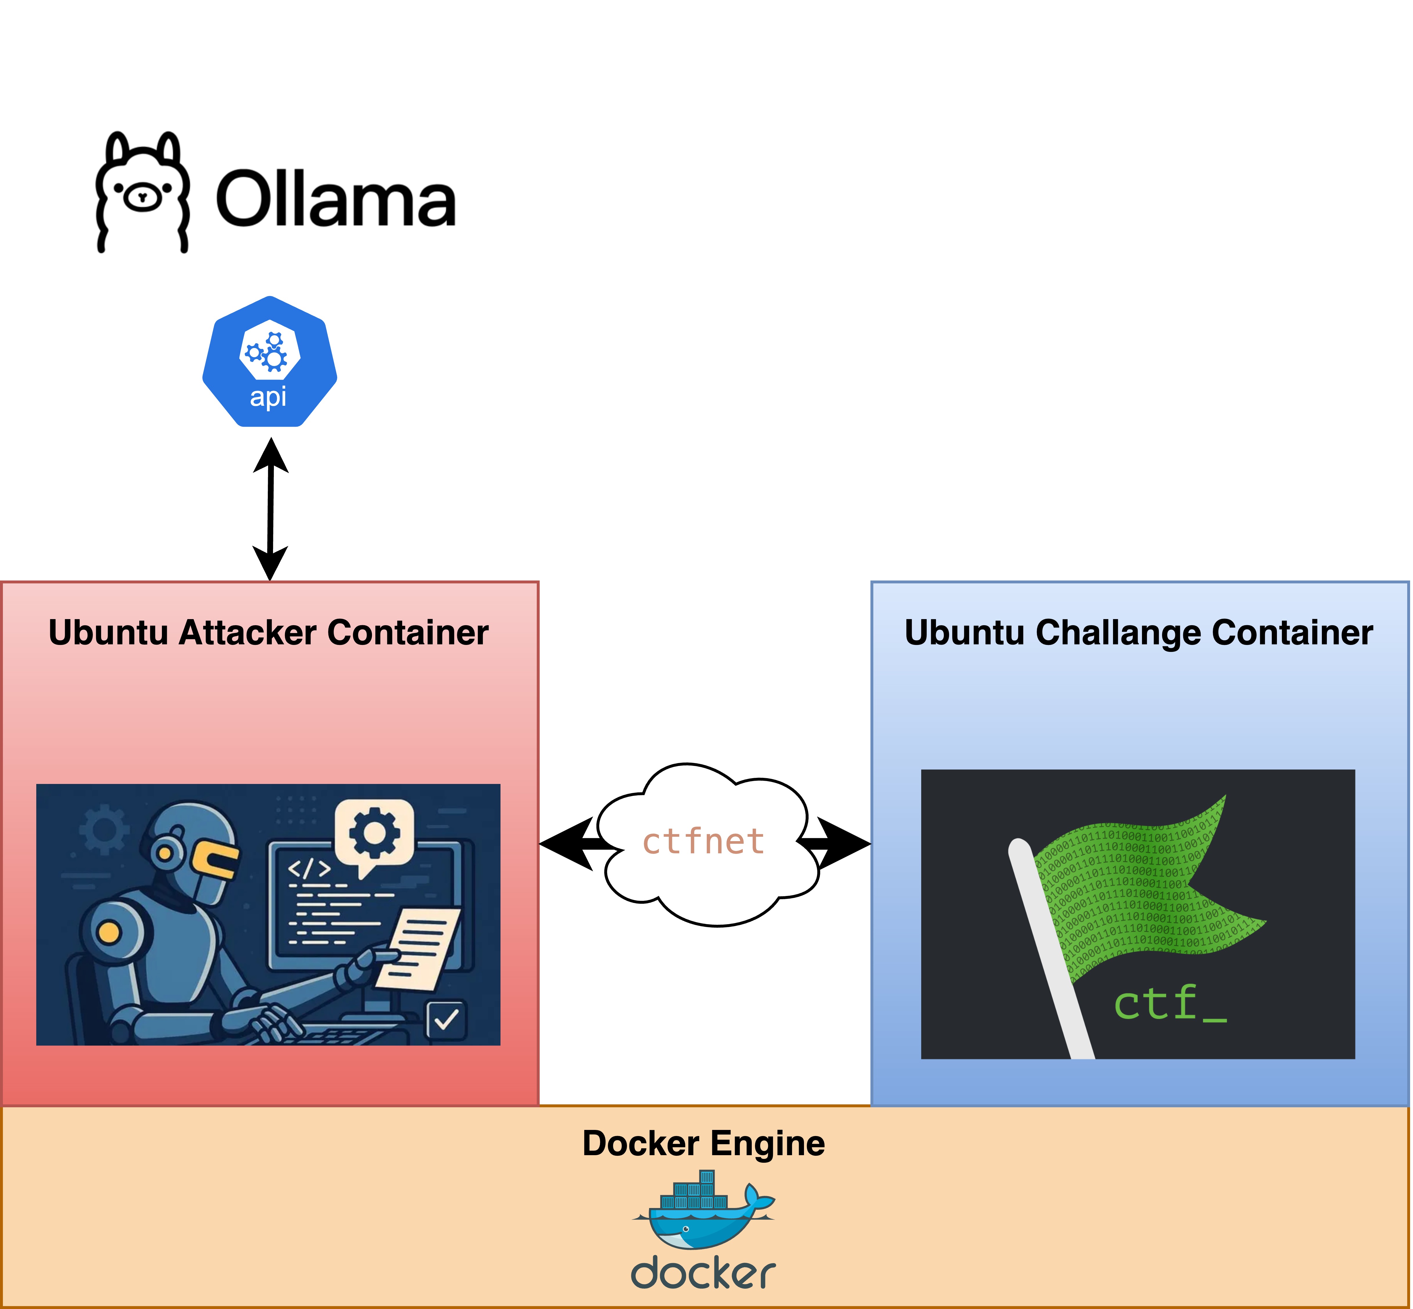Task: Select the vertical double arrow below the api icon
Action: point(270,509)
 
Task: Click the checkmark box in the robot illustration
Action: point(446,1020)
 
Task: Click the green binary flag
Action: point(1140,892)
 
